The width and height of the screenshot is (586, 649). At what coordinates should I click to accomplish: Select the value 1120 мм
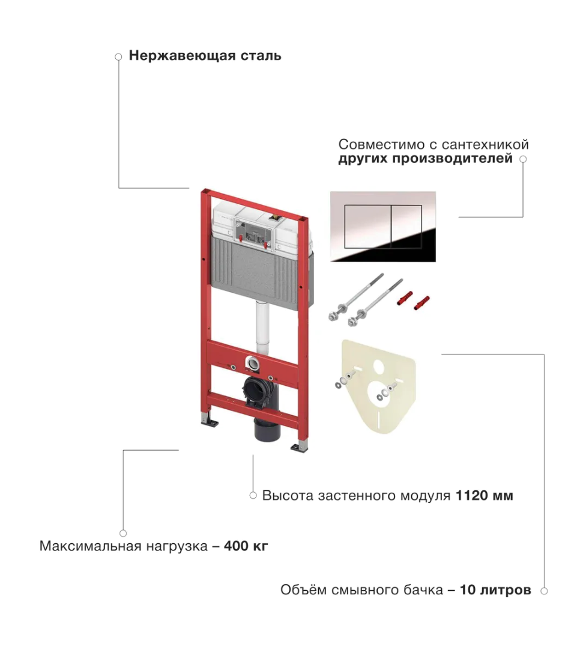click(484, 496)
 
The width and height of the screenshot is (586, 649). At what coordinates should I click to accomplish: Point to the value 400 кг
click(246, 547)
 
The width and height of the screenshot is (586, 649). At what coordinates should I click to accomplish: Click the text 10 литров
click(495, 590)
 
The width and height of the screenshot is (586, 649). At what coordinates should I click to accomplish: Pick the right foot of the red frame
click(298, 446)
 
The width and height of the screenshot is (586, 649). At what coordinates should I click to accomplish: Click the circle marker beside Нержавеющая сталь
click(118, 57)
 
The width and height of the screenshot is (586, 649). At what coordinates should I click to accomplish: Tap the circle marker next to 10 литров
click(544, 591)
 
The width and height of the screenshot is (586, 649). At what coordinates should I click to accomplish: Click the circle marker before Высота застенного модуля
click(253, 496)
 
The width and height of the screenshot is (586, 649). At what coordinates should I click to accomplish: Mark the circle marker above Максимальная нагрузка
click(123, 533)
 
